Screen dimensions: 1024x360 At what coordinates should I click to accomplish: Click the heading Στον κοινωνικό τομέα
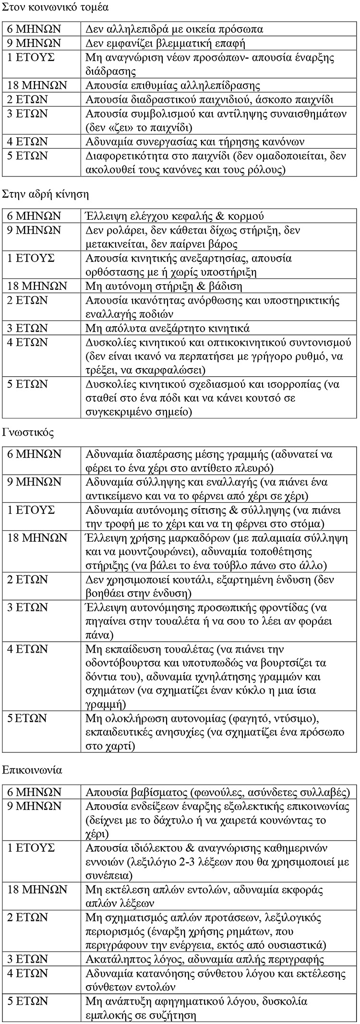pos(55,7)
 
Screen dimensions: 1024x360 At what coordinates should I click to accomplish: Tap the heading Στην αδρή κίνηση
pos(46,194)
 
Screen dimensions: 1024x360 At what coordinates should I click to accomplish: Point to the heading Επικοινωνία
pos(32,770)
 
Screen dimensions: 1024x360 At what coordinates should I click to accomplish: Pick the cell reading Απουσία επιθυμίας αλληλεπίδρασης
pos(173,86)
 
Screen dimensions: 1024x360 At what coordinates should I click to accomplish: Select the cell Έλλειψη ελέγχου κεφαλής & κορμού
pos(175,216)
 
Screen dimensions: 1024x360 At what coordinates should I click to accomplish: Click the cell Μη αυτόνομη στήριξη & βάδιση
pos(164,286)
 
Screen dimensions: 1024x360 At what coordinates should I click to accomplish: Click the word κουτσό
pos(252,398)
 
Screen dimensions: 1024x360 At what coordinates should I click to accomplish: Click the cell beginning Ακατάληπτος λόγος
pos(204,960)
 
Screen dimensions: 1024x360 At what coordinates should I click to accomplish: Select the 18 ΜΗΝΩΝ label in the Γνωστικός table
pos(37,538)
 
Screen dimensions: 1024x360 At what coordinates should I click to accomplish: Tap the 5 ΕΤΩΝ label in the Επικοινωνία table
pos(28,1001)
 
